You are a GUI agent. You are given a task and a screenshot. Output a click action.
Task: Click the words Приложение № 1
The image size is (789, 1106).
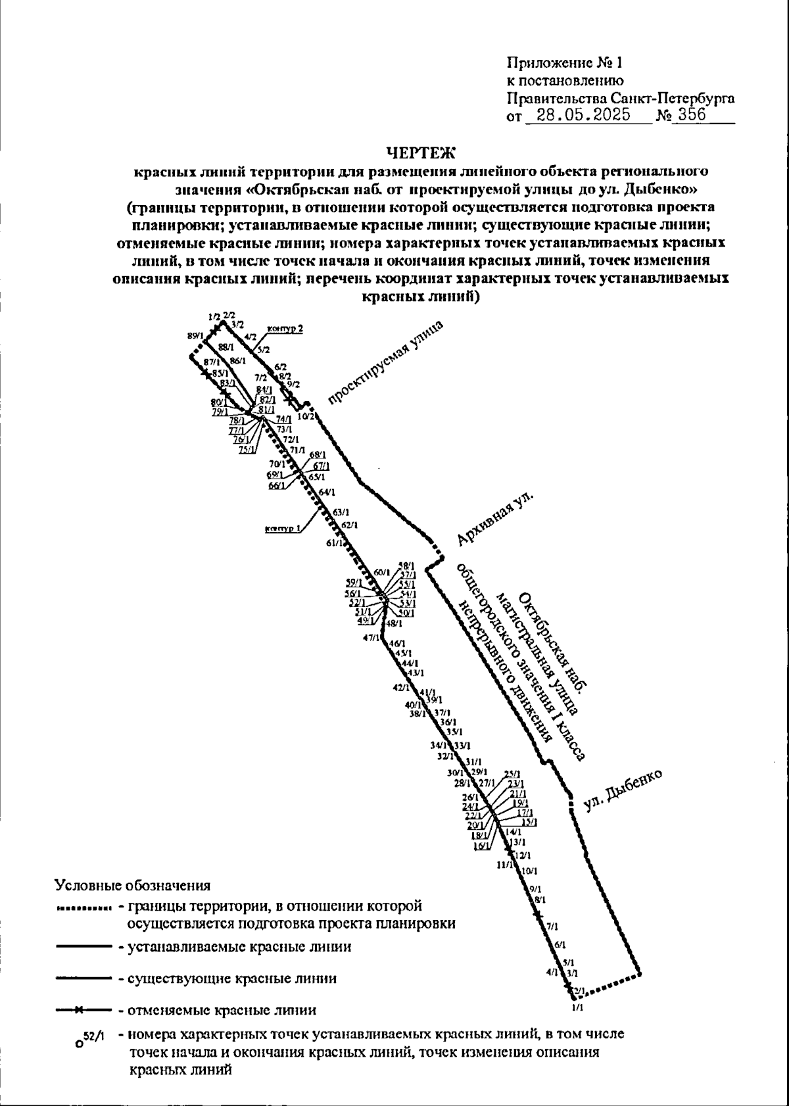pyautogui.click(x=564, y=64)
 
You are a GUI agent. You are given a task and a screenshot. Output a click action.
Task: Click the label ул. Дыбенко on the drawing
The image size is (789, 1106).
pyautogui.click(x=622, y=791)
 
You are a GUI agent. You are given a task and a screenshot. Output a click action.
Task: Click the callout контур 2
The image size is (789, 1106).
pyautogui.click(x=285, y=329)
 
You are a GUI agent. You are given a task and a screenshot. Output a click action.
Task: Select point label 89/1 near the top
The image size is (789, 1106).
pyautogui.click(x=195, y=336)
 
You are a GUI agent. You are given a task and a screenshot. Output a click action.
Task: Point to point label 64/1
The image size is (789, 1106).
pyautogui.click(x=327, y=492)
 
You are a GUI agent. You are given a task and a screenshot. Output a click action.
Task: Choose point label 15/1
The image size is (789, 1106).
pyautogui.click(x=529, y=821)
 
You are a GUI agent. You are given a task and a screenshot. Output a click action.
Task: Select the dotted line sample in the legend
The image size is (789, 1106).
pyautogui.click(x=83, y=910)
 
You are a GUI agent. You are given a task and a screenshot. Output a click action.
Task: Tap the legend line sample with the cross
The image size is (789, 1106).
pyautogui.click(x=83, y=1009)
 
